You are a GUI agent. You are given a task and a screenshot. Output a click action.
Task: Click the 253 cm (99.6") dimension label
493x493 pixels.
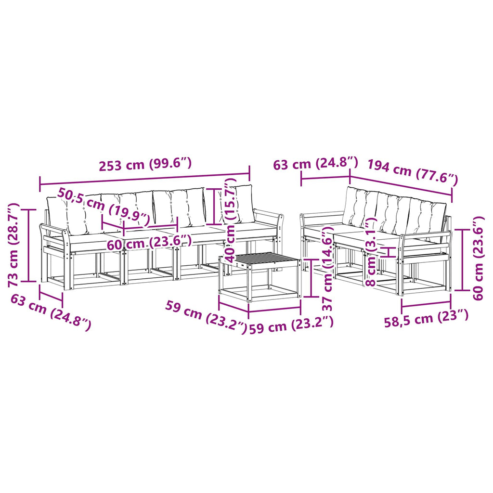[145, 165]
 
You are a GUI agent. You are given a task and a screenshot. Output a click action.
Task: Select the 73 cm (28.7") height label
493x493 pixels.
[14, 245]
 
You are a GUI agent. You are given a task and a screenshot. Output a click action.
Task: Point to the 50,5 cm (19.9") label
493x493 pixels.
[104, 207]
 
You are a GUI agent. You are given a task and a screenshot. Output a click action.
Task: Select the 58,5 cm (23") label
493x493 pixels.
[426, 319]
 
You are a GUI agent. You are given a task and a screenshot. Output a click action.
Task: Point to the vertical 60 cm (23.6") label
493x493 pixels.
[478, 258]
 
